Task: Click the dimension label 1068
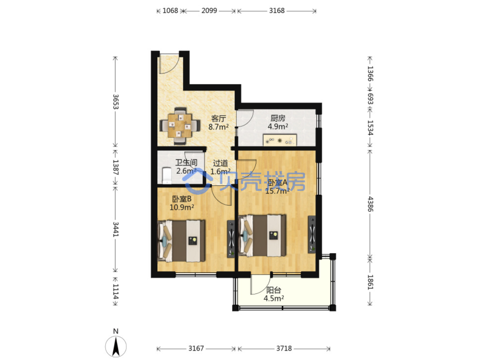pyautogui.click(x=170, y=11)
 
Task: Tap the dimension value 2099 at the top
pyautogui.click(x=209, y=11)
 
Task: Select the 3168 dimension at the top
pyautogui.click(x=277, y=11)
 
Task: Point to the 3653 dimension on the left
pyautogui.click(x=116, y=102)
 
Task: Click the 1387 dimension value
pyautogui.click(x=116, y=167)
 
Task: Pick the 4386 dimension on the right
pyautogui.click(x=370, y=204)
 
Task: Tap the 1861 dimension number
pyautogui.click(x=370, y=282)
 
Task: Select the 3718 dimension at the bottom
pyautogui.click(x=284, y=349)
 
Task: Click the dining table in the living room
pyautogui.click(x=180, y=126)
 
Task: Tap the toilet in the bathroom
pyautogui.click(x=167, y=176)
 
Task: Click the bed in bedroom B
pyautogui.click(x=181, y=241)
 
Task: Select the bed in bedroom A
pyautogui.click(x=262, y=235)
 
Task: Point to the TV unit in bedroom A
pyautogui.click(x=312, y=235)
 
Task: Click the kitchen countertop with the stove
pyautogui.click(x=280, y=140)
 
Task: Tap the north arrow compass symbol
pyautogui.click(x=116, y=347)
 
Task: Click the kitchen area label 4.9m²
pyautogui.click(x=278, y=126)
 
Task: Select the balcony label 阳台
pyautogui.click(x=274, y=290)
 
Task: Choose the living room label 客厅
pyautogui.click(x=219, y=119)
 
